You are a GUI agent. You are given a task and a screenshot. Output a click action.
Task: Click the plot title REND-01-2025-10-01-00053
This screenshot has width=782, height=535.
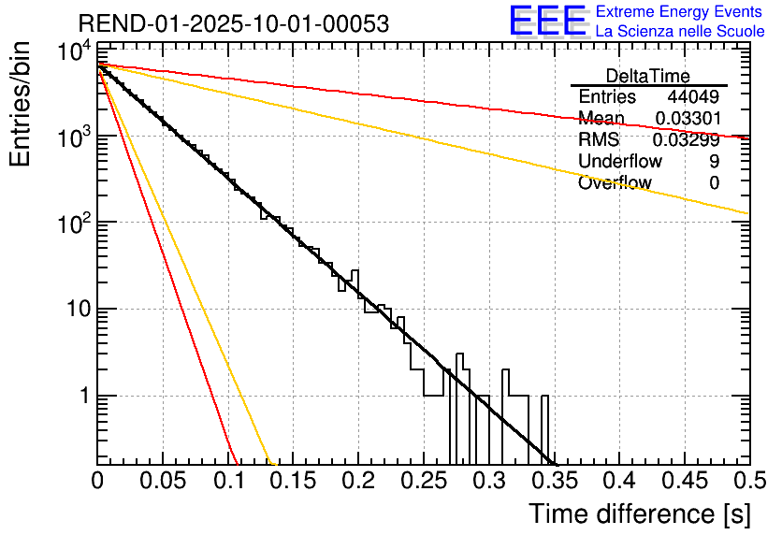(x=234, y=23)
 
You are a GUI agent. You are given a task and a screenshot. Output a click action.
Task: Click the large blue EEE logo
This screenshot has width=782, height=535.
(x=547, y=22)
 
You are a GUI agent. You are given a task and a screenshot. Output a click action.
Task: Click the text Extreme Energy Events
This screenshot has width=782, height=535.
(x=681, y=12)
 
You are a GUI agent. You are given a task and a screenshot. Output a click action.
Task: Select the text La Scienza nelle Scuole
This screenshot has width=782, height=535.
(x=681, y=31)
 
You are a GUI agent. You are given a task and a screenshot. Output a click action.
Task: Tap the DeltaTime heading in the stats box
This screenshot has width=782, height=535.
(x=648, y=75)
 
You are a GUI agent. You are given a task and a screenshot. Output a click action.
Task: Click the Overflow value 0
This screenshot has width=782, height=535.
(x=714, y=182)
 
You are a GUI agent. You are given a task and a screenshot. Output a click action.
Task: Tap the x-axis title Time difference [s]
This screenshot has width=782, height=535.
(x=638, y=513)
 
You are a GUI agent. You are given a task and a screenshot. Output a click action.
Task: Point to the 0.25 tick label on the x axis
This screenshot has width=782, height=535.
(x=423, y=482)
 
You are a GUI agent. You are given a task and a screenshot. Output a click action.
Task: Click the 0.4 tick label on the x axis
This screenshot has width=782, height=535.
(x=618, y=482)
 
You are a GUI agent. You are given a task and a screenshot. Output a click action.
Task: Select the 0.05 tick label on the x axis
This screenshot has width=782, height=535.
(x=163, y=482)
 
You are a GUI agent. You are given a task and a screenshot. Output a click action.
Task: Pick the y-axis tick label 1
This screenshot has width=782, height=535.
(x=82, y=397)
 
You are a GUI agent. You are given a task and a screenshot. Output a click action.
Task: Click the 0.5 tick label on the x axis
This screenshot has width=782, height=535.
(x=748, y=482)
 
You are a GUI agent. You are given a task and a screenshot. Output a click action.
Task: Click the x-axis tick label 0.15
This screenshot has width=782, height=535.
(x=293, y=482)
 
